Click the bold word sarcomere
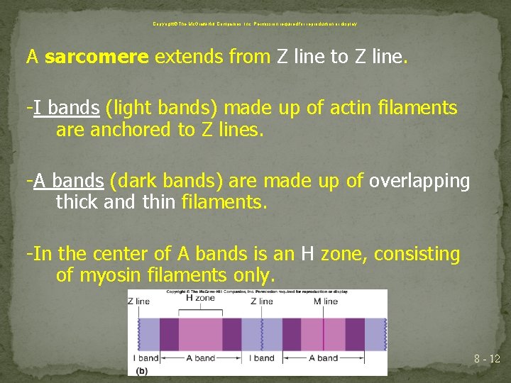97,57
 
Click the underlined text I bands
65,109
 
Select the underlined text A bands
68,182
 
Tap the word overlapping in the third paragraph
419,182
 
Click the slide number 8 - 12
487,360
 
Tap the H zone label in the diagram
199,298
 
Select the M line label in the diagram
325,301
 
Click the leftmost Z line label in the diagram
139,301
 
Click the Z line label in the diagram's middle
261,301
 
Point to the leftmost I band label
145,358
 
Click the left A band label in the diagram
199,358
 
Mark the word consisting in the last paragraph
417,254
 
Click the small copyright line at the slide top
255,23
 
